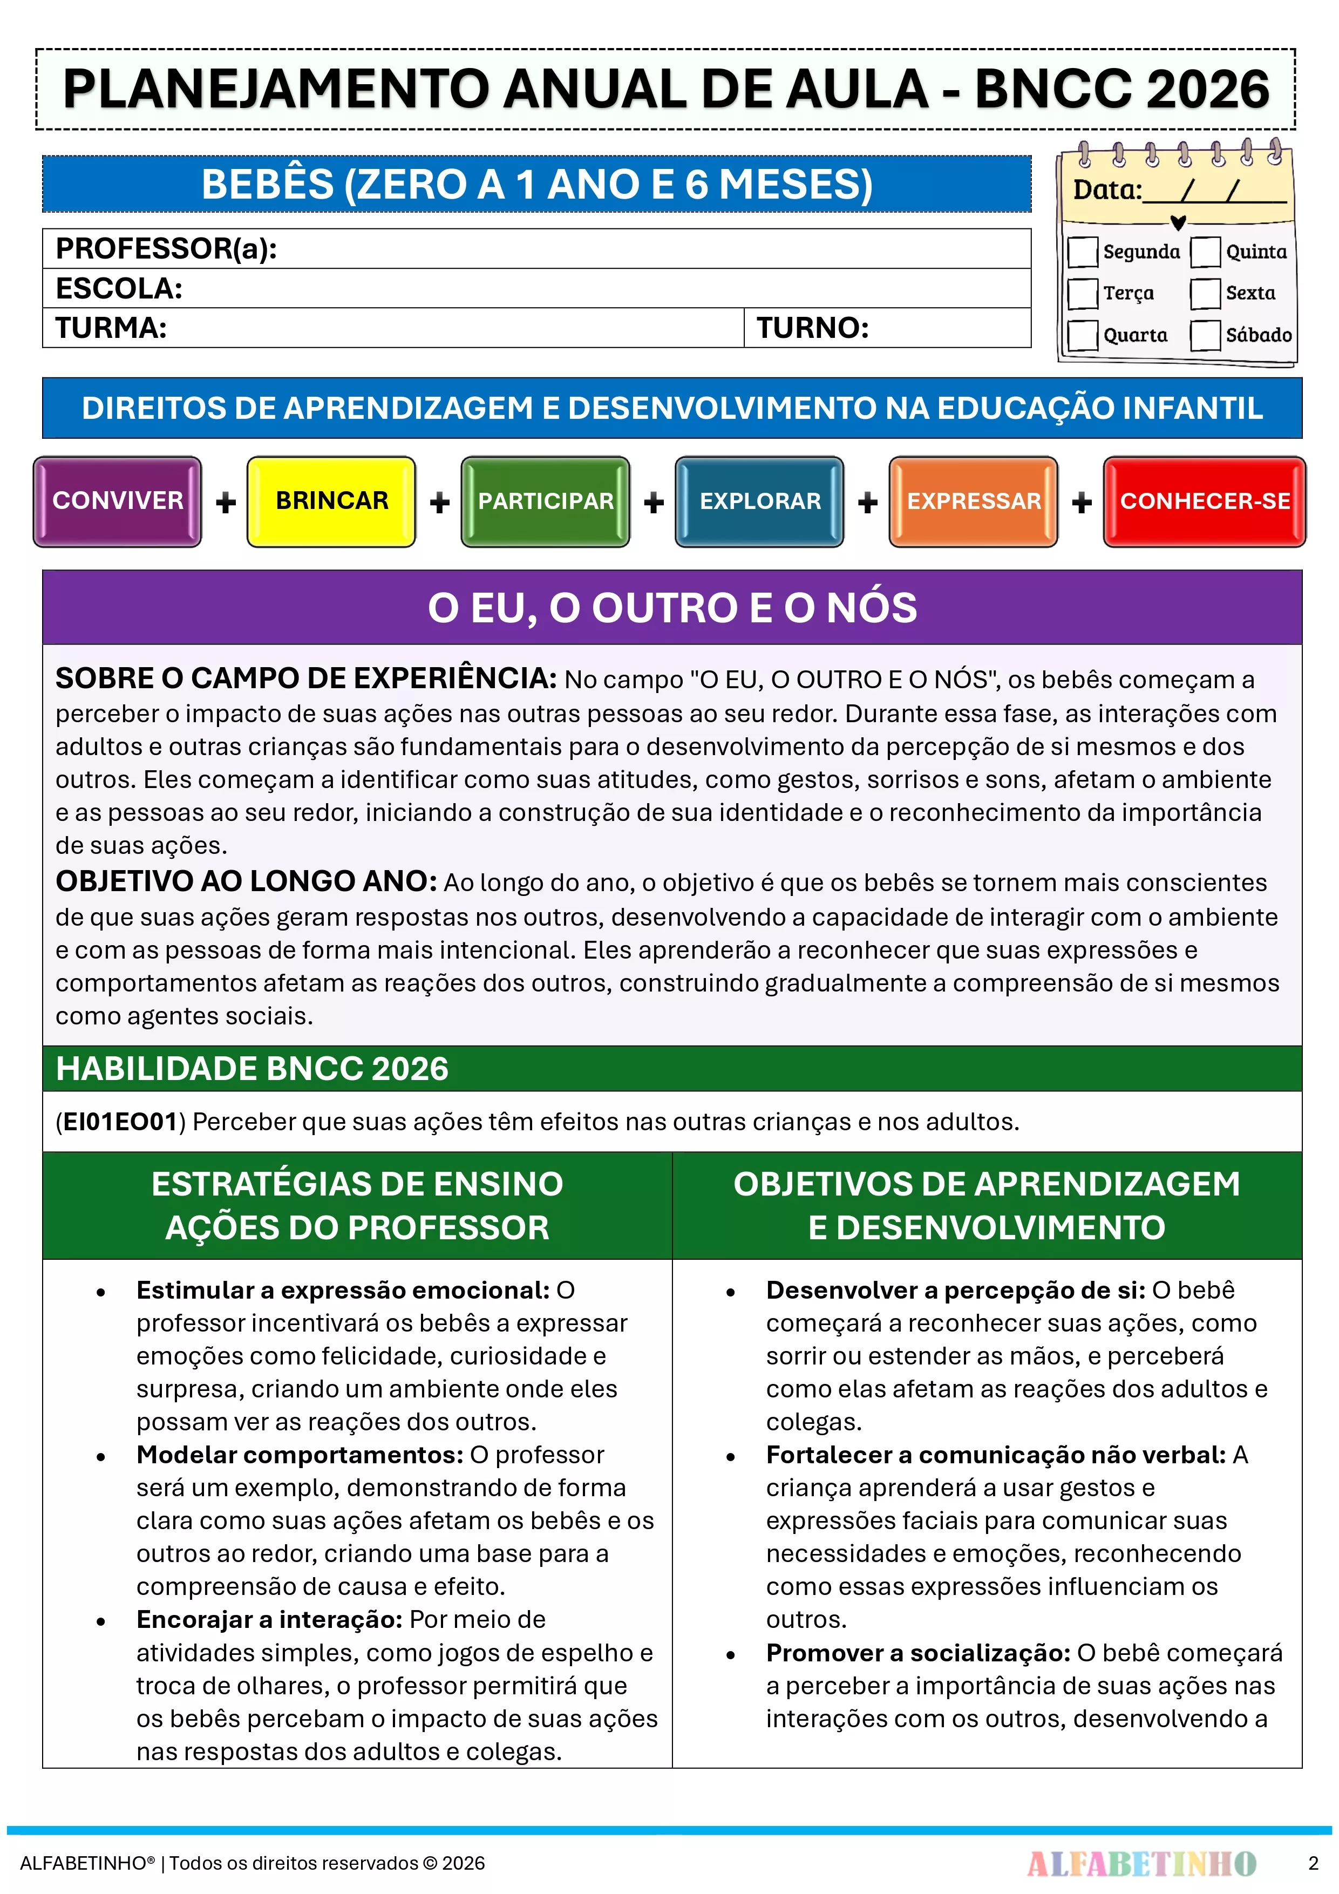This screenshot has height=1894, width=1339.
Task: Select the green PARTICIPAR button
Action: pos(545,501)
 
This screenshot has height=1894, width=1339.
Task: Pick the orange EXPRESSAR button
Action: pos(974,501)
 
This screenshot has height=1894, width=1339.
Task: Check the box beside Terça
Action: pos(1083,294)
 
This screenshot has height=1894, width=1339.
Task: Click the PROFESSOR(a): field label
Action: pos(166,248)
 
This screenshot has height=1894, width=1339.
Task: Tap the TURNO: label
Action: pos(813,328)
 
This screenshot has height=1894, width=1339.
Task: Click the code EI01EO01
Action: pos(120,1122)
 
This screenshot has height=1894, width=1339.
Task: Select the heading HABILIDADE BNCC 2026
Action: pos(252,1069)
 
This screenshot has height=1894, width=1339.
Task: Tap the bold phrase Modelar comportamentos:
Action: pos(300,1455)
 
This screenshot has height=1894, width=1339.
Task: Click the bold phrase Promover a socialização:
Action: pos(917,1653)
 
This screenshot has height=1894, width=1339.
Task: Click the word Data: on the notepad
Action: pos(1106,191)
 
